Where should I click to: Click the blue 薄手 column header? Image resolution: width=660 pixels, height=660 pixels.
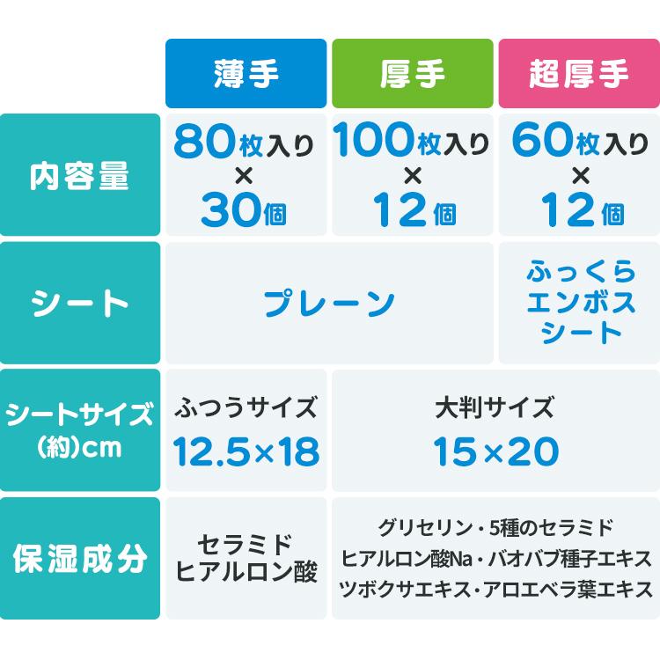coord(246,74)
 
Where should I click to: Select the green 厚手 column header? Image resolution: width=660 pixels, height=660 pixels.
coord(412,74)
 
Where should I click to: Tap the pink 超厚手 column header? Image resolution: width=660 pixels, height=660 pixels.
coord(579,74)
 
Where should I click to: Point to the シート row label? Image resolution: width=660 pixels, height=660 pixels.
coord(80,304)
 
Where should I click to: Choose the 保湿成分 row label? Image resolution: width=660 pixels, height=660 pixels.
coord(80,559)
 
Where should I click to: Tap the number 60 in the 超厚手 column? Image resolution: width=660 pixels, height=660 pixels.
coord(539,140)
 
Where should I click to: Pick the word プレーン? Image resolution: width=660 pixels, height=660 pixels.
coord(330,304)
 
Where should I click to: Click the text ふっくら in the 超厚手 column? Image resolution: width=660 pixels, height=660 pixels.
coord(579,273)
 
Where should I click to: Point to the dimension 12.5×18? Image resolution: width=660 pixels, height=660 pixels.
coord(246,452)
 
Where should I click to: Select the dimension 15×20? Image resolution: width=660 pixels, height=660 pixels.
coord(495,452)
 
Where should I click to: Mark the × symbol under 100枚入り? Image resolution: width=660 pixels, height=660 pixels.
coord(412,177)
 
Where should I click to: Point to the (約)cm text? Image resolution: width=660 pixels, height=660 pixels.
coord(80,447)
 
